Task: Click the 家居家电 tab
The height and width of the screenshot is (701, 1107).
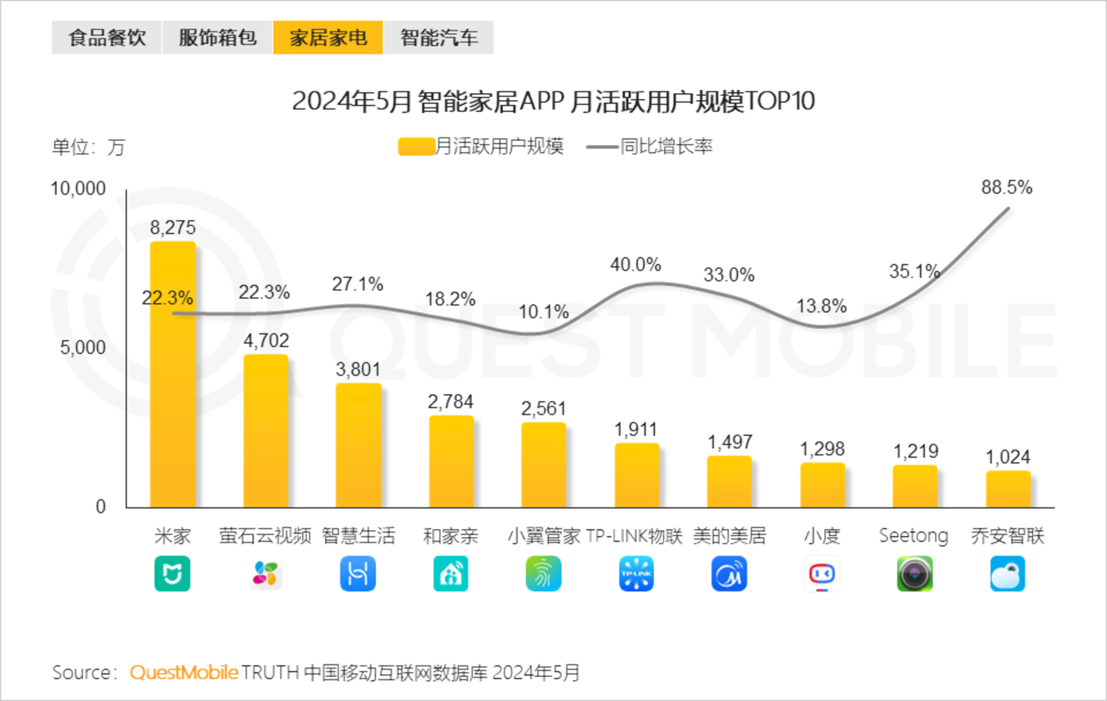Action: point(328,38)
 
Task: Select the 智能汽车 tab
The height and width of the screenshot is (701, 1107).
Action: point(438,38)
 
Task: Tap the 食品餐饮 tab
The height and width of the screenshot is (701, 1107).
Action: point(107,38)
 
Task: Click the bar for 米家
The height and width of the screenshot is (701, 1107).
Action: point(173,377)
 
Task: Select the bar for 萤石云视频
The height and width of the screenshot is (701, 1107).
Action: point(266,430)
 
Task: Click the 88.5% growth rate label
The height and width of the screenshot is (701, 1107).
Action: point(1006,188)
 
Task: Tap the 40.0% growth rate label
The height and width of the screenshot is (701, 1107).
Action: point(636,264)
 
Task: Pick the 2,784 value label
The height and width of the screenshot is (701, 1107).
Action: point(450,402)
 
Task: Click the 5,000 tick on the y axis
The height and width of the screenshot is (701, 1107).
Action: point(83,347)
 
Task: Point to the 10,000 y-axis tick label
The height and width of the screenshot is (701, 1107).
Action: point(78,188)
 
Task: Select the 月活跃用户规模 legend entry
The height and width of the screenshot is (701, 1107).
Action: point(482,146)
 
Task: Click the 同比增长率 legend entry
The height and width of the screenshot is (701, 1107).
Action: point(650,146)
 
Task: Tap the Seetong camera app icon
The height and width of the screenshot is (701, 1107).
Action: point(914,574)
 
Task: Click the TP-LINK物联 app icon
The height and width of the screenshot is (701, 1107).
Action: point(636,574)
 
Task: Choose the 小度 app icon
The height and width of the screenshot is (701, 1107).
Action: point(822,574)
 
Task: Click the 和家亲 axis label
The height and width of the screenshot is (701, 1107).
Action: point(450,536)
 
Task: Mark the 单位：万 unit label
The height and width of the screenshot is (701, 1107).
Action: point(88,147)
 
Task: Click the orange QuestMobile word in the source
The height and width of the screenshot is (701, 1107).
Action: point(184,673)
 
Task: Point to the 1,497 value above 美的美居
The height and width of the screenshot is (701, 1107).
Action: point(730,442)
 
